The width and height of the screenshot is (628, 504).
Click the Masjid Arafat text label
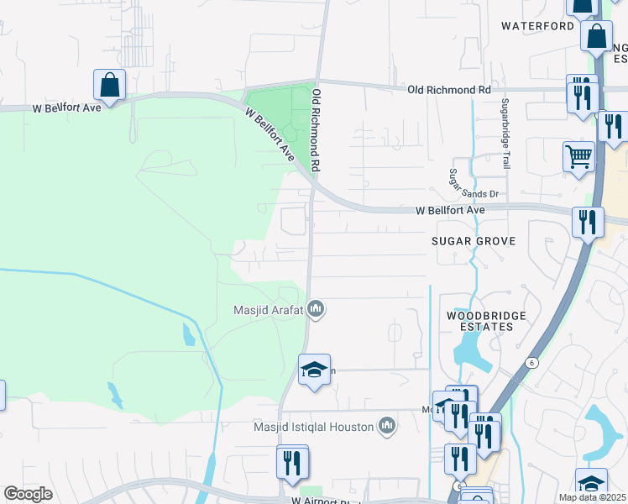(x=269, y=311)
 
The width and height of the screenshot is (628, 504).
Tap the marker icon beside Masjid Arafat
(x=316, y=310)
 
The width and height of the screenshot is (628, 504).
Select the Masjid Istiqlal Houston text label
(x=313, y=427)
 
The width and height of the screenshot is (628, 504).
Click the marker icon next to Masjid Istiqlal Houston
(x=386, y=427)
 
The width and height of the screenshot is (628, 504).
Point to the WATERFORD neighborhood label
(x=537, y=26)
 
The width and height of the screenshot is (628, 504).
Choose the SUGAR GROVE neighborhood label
(x=473, y=241)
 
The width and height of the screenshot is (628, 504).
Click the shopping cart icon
(x=578, y=156)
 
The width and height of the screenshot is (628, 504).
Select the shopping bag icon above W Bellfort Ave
(x=109, y=85)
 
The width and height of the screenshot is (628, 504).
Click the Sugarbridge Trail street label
(x=505, y=134)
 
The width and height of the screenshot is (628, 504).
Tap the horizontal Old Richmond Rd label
(x=449, y=89)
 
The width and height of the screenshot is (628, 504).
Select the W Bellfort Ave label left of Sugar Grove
(x=451, y=211)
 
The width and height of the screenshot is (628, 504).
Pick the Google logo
(x=29, y=494)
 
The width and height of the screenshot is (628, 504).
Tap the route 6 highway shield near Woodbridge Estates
(x=532, y=362)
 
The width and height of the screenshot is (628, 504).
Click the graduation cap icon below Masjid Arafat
(x=314, y=370)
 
